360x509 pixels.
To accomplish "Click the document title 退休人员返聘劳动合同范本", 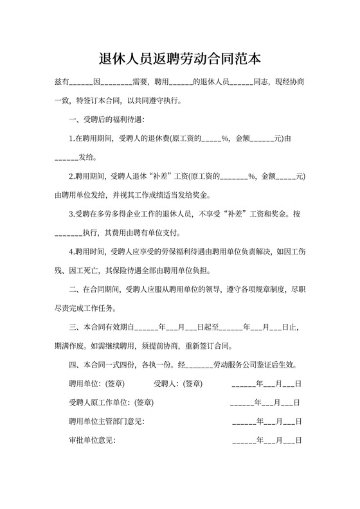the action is (x=180, y=59).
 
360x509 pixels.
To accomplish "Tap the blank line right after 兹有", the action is (x=80, y=84).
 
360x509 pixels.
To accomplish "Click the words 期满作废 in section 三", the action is (x=70, y=345).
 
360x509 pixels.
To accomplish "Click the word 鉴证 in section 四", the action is (x=267, y=364).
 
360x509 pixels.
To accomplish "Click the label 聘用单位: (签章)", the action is (x=96, y=384).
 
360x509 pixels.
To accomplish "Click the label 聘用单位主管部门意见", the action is (x=106, y=422).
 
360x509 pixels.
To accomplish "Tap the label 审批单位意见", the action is (x=92, y=442).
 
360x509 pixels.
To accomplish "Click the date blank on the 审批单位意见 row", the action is (x=266, y=442).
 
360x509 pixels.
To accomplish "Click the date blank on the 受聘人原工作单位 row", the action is (x=265, y=403).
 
